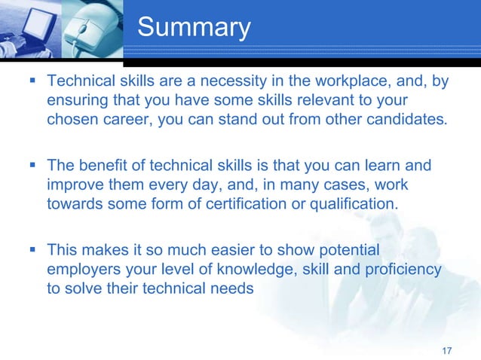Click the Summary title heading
(x=194, y=28)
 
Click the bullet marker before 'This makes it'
(x=32, y=249)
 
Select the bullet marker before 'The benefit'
(x=32, y=164)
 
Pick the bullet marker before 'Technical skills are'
(x=32, y=79)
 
